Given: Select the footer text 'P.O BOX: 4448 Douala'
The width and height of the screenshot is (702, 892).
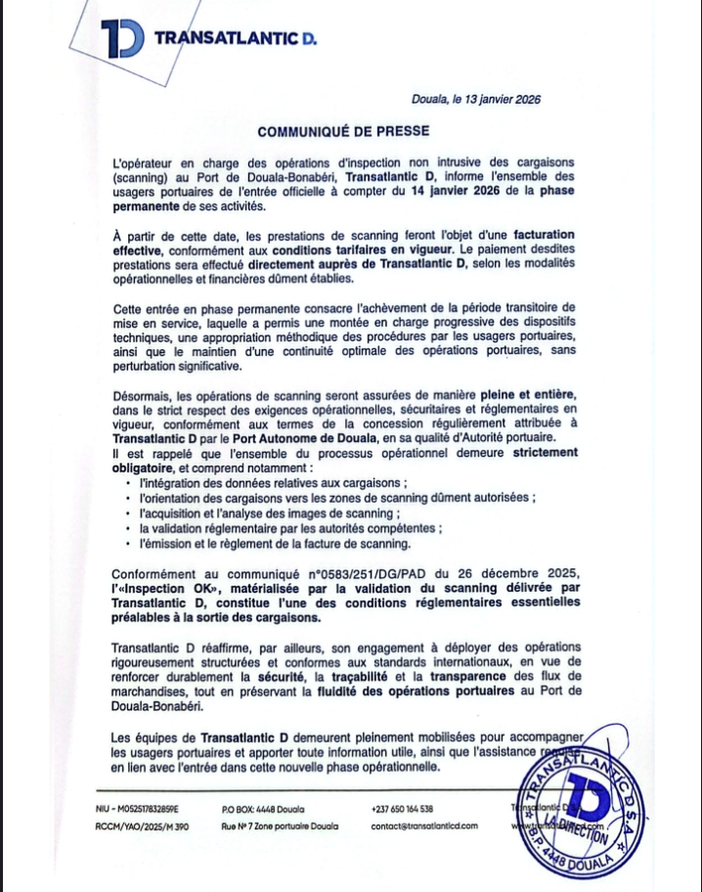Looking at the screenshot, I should (263, 809).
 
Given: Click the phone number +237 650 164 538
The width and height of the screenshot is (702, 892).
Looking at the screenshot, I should (403, 809).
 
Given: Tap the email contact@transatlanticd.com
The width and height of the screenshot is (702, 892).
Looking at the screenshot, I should (424, 825).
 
